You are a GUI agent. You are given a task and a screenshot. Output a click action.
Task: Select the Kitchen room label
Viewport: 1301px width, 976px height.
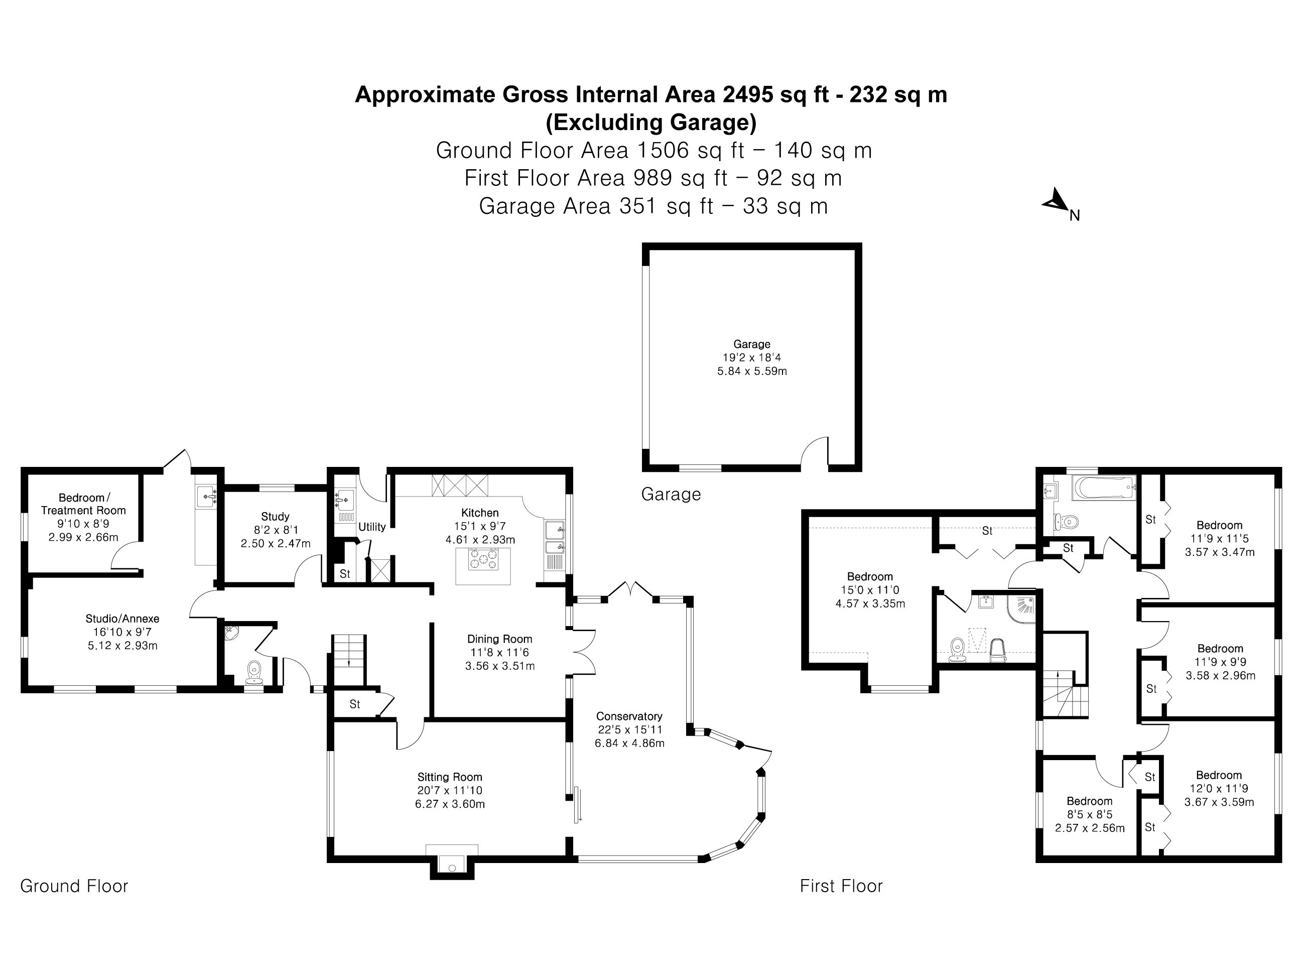click(x=480, y=513)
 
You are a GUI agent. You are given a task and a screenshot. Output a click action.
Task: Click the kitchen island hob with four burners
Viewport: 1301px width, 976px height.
click(x=483, y=559)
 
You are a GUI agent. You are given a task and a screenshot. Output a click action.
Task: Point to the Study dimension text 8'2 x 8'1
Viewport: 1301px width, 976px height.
click(x=275, y=530)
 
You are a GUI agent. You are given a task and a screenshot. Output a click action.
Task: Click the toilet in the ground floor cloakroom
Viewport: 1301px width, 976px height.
click(x=254, y=671)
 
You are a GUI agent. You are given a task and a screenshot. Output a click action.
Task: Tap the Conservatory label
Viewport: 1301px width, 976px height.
click(x=629, y=716)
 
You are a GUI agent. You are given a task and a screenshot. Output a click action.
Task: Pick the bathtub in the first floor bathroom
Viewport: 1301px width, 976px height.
click(x=1103, y=489)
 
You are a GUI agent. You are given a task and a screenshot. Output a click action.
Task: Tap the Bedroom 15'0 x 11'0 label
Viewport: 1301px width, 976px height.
click(x=869, y=576)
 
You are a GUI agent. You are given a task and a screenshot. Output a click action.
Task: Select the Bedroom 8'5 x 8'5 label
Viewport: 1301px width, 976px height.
click(x=1089, y=801)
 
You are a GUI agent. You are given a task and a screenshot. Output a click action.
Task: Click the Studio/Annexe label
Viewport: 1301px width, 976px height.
click(x=122, y=619)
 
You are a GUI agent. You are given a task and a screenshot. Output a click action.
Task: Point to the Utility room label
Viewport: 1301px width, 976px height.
click(x=372, y=527)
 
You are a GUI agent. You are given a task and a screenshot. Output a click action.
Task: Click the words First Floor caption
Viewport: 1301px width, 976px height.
click(x=841, y=886)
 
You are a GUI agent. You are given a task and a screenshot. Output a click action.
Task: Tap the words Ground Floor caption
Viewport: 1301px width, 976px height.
click(x=74, y=886)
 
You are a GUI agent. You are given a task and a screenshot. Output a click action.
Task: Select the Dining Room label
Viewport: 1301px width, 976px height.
click(x=499, y=639)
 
